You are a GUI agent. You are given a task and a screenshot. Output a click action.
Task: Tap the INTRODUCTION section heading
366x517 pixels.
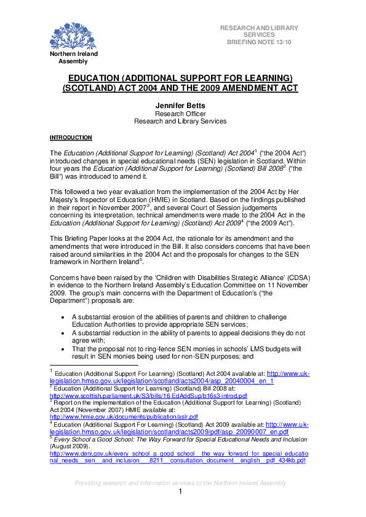[71, 138]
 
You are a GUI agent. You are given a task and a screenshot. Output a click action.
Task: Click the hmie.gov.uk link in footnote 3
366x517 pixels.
[124, 416]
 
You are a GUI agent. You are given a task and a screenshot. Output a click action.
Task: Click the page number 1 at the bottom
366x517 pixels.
[181, 492]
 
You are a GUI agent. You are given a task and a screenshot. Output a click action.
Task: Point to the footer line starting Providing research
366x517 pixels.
[180, 483]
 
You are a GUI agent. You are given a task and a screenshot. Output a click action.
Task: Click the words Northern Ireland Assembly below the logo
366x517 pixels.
[73, 58]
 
